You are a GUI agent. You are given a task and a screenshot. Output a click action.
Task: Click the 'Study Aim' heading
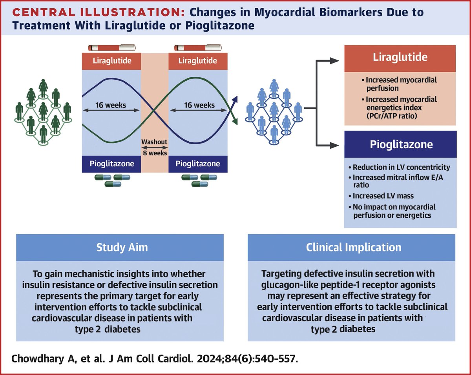(x=120, y=248)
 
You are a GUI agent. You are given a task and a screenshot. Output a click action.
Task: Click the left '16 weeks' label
(x=111, y=105)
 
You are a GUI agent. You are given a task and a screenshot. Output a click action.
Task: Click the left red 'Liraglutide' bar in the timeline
(x=111, y=61)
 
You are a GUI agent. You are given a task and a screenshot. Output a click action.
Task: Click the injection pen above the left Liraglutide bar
(x=111, y=47)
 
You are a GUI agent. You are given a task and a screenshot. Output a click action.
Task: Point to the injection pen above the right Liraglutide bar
(x=198, y=47)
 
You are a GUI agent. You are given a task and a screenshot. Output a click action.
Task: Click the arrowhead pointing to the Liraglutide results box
(x=334, y=61)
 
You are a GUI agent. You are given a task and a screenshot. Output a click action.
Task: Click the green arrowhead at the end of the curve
(x=235, y=122)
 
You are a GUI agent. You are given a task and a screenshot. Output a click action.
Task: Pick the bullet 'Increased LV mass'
(x=380, y=195)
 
